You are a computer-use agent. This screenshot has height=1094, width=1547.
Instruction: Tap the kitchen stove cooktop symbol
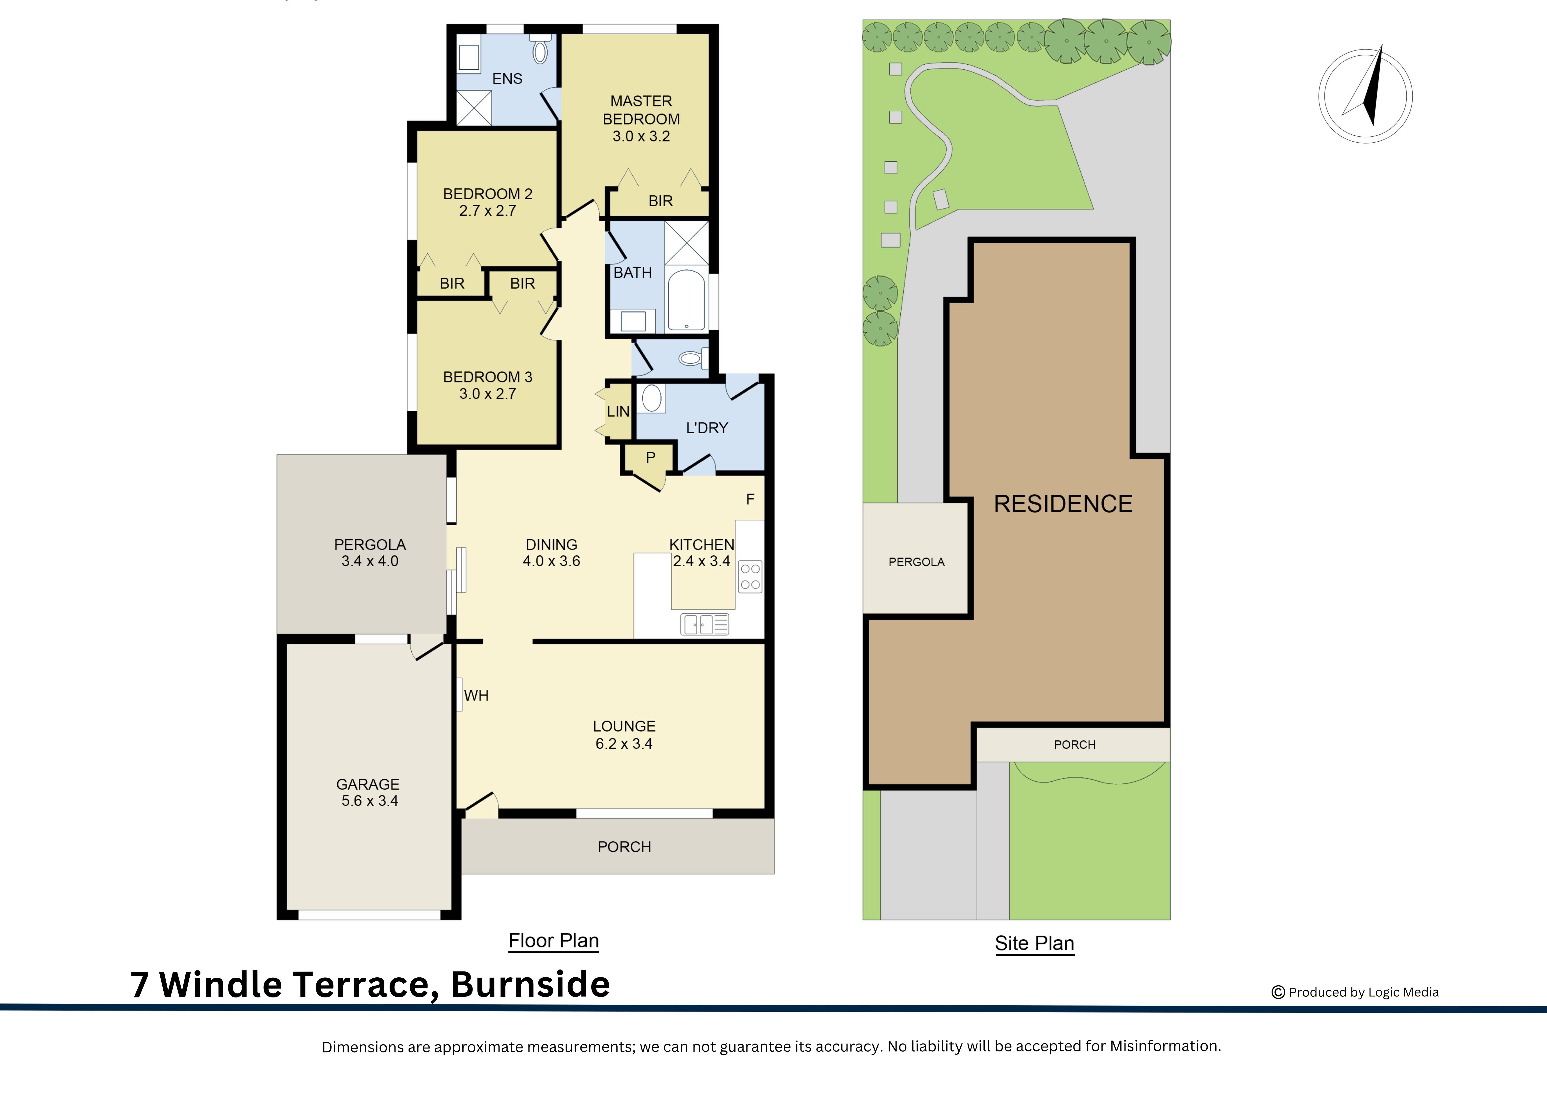pyautogui.click(x=750, y=576)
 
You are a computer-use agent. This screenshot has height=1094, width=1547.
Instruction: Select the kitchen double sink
pyautogui.click(x=704, y=624)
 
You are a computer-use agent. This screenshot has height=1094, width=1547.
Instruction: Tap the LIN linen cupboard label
pyautogui.click(x=618, y=411)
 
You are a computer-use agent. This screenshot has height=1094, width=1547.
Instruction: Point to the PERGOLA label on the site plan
pyautogui.click(x=916, y=562)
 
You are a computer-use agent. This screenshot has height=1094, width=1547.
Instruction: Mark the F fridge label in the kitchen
pyautogui.click(x=750, y=500)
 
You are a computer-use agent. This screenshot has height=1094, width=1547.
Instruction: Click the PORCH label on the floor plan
pyautogui.click(x=624, y=847)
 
